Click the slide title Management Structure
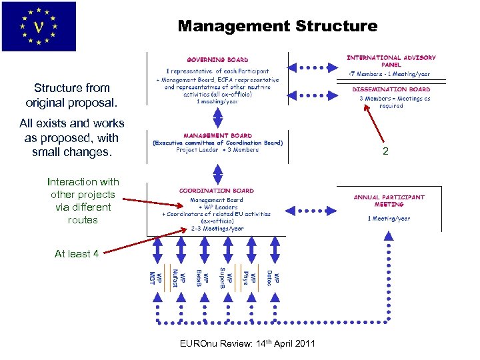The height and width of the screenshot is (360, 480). [277, 27]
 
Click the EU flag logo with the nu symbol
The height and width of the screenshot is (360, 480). [39, 27]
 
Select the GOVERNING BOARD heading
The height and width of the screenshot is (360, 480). [217, 60]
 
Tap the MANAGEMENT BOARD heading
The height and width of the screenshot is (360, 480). [217, 135]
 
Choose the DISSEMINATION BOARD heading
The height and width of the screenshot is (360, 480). [391, 89]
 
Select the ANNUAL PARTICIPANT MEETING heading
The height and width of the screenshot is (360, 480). [389, 201]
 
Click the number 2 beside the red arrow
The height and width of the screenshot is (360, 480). [385, 152]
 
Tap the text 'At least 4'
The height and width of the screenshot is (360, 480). [77, 253]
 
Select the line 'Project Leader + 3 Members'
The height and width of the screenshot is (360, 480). [217, 150]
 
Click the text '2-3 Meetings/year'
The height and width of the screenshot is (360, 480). [217, 227]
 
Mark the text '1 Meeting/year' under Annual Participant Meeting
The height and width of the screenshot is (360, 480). [389, 219]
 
